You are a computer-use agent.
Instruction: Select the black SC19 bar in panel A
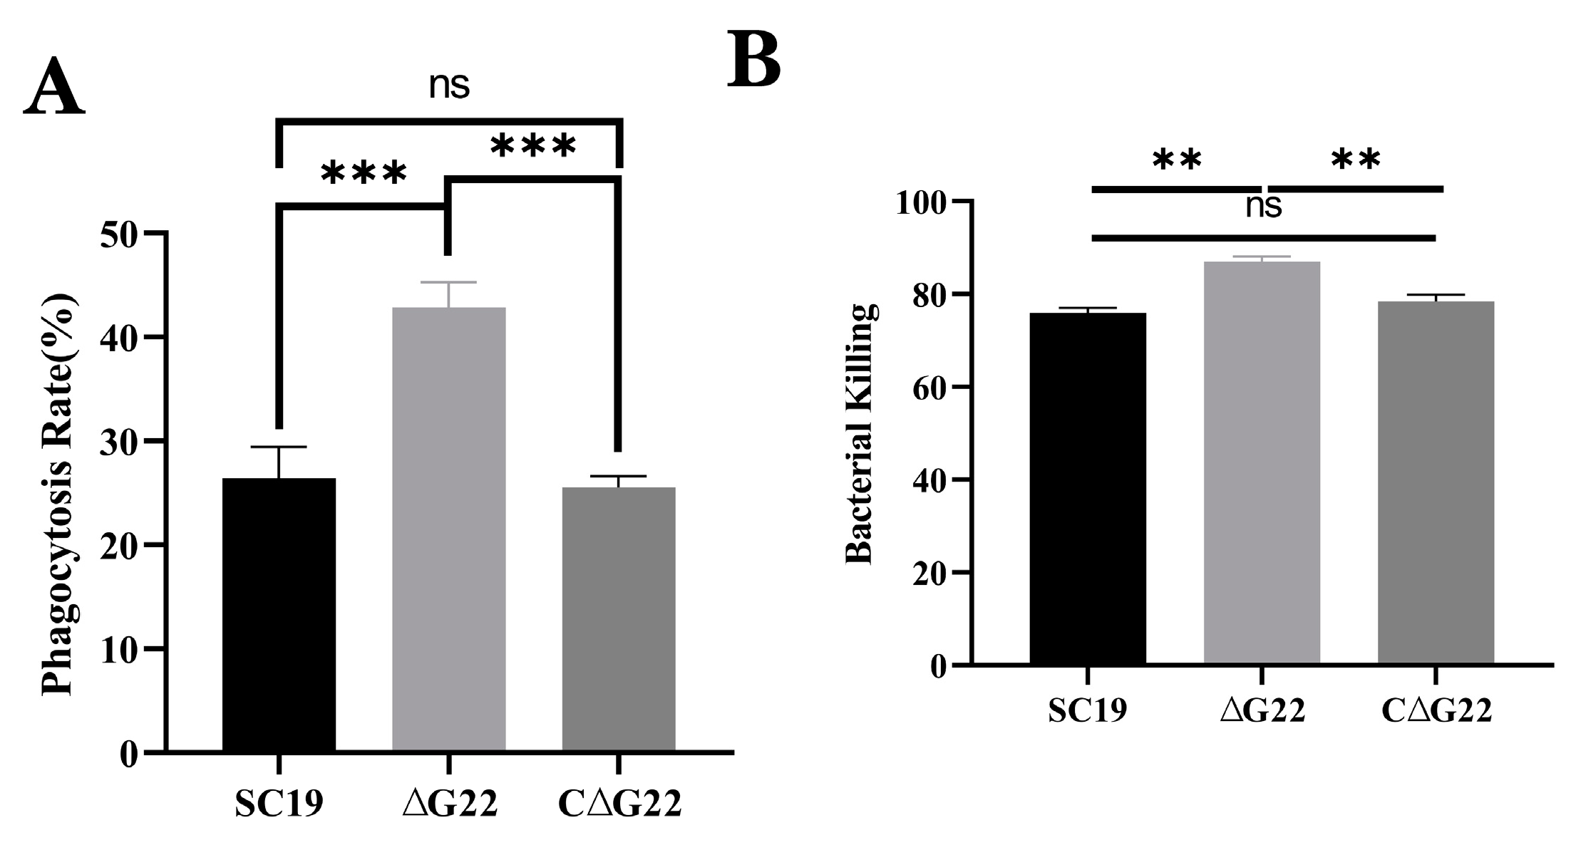[x=279, y=613]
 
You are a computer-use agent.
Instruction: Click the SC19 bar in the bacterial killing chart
[x=1087, y=488]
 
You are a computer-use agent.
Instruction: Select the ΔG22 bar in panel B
[x=1262, y=463]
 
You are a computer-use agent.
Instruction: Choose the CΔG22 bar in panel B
[x=1435, y=482]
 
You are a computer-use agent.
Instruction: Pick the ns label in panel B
[x=1263, y=207]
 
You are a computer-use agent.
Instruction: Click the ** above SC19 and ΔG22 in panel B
[x=1177, y=161]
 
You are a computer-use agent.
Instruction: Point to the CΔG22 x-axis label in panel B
[x=1436, y=711]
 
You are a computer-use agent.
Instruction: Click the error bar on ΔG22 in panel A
[x=448, y=294]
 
